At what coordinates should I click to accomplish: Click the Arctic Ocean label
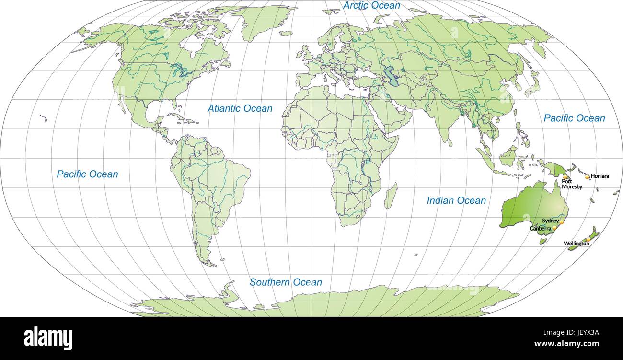tap(371, 6)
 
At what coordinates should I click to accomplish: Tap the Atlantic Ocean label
tap(240, 109)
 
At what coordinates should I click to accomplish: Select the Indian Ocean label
tap(456, 201)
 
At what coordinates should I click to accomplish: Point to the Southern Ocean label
tap(286, 282)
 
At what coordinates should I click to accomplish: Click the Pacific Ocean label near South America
tap(87, 174)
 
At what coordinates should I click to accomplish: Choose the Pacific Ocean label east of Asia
tap(574, 118)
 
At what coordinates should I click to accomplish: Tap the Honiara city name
tap(600, 176)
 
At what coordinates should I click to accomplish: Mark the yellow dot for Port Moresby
tap(565, 177)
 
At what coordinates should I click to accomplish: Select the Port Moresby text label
tap(572, 184)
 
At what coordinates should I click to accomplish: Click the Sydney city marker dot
tap(561, 223)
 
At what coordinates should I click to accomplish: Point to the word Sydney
tap(550, 221)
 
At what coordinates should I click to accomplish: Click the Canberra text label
tap(541, 229)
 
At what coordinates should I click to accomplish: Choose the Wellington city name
tap(576, 244)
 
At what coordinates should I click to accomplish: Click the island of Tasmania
tap(543, 241)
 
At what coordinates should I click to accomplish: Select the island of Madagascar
tap(391, 196)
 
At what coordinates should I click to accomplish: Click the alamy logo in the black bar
tap(48, 338)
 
